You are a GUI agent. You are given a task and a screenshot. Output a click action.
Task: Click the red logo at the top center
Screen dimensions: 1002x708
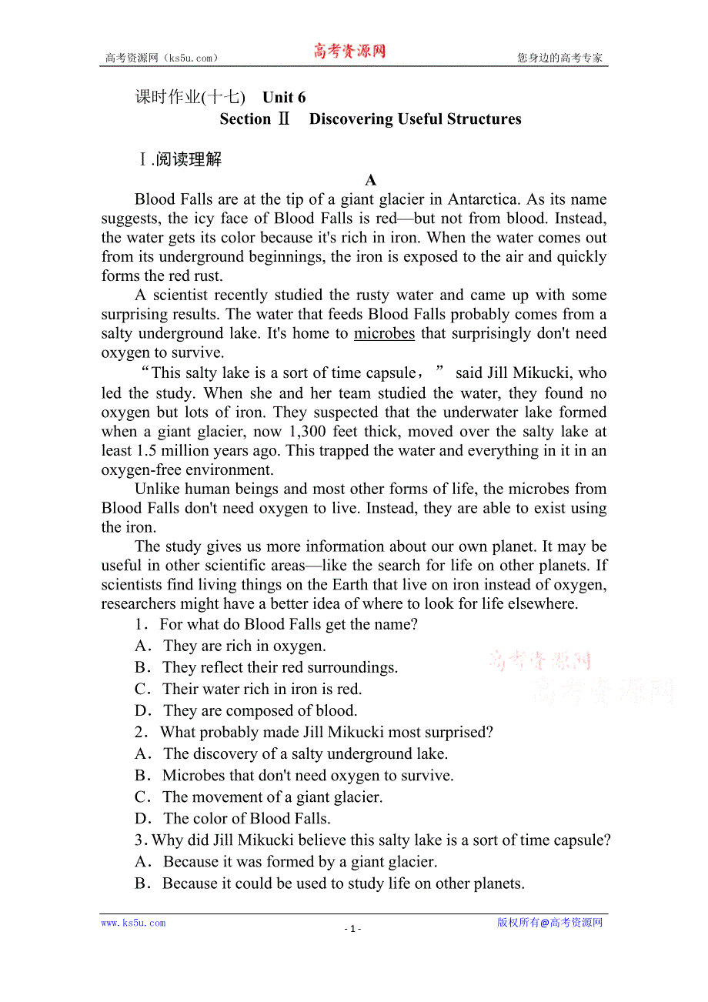point(349,52)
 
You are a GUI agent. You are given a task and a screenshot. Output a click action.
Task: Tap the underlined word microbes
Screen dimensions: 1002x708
point(384,334)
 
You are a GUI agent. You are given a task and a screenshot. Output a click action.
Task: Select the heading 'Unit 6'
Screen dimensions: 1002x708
point(284,97)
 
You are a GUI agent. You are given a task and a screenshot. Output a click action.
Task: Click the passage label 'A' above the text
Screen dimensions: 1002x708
point(371,181)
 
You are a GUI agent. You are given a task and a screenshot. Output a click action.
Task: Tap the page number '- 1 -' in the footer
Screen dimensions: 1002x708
point(352,929)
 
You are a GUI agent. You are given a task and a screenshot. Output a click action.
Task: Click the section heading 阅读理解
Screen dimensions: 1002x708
point(188,159)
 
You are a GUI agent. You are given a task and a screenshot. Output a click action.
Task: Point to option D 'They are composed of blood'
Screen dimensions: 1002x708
point(245,711)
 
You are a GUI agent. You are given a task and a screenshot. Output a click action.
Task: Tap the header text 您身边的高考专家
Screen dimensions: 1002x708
point(559,58)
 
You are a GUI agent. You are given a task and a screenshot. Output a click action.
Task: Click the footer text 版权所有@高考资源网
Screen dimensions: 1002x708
point(549,923)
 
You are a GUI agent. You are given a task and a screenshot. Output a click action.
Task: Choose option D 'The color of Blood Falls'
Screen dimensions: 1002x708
point(232,819)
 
